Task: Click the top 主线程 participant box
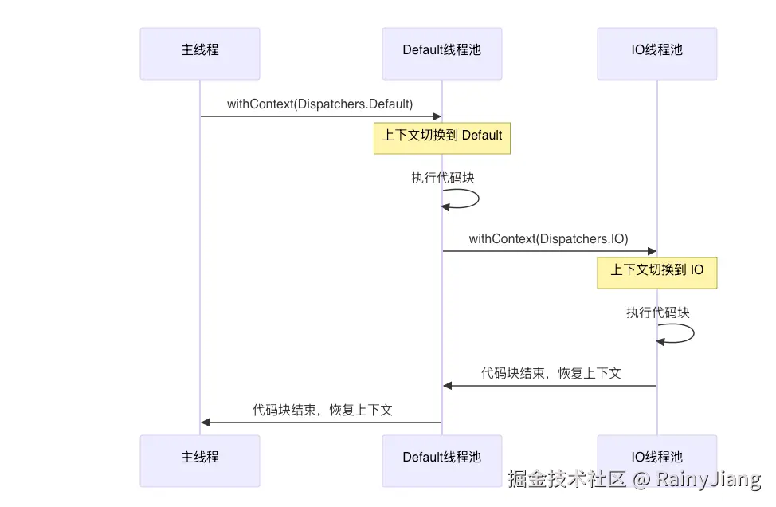[200, 53]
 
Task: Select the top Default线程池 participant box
[442, 53]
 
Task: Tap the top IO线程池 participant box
[657, 53]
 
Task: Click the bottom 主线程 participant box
[200, 460]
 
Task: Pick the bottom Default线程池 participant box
[442, 460]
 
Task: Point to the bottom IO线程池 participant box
[657, 460]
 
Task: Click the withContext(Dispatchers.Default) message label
[320, 104]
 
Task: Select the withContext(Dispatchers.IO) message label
[549, 239]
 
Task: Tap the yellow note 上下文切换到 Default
[442, 136]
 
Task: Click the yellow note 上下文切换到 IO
[657, 271]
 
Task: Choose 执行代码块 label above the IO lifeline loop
[658, 312]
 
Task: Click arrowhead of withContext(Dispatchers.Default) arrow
[437, 116]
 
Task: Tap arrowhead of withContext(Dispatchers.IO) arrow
[652, 251]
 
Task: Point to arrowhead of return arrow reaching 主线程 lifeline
[206, 422]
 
